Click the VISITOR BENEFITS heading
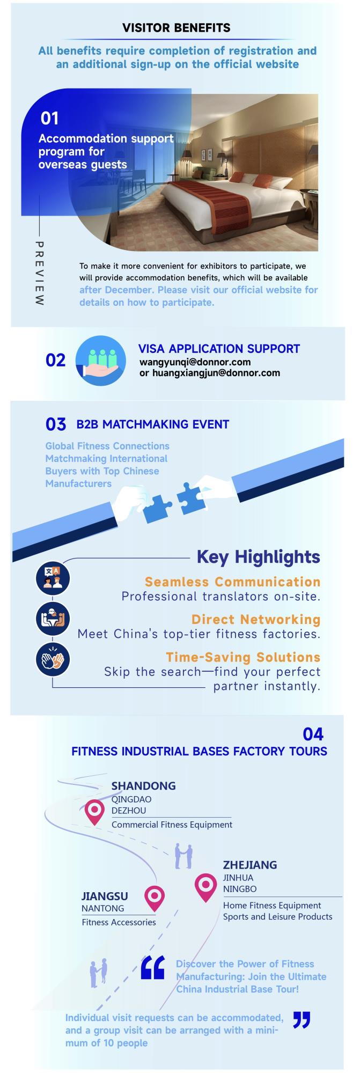(x=177, y=28)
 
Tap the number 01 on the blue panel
(x=49, y=118)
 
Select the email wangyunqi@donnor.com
(x=195, y=362)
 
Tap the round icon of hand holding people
(x=101, y=361)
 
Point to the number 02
(x=56, y=360)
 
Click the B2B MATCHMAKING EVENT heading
(x=153, y=424)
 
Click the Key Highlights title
(x=259, y=556)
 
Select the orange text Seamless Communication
(x=232, y=582)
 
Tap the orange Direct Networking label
(x=256, y=619)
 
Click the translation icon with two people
(x=53, y=578)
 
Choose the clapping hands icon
(x=53, y=659)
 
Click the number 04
(x=313, y=733)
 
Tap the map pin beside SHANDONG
(x=95, y=812)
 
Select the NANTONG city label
(x=102, y=908)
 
